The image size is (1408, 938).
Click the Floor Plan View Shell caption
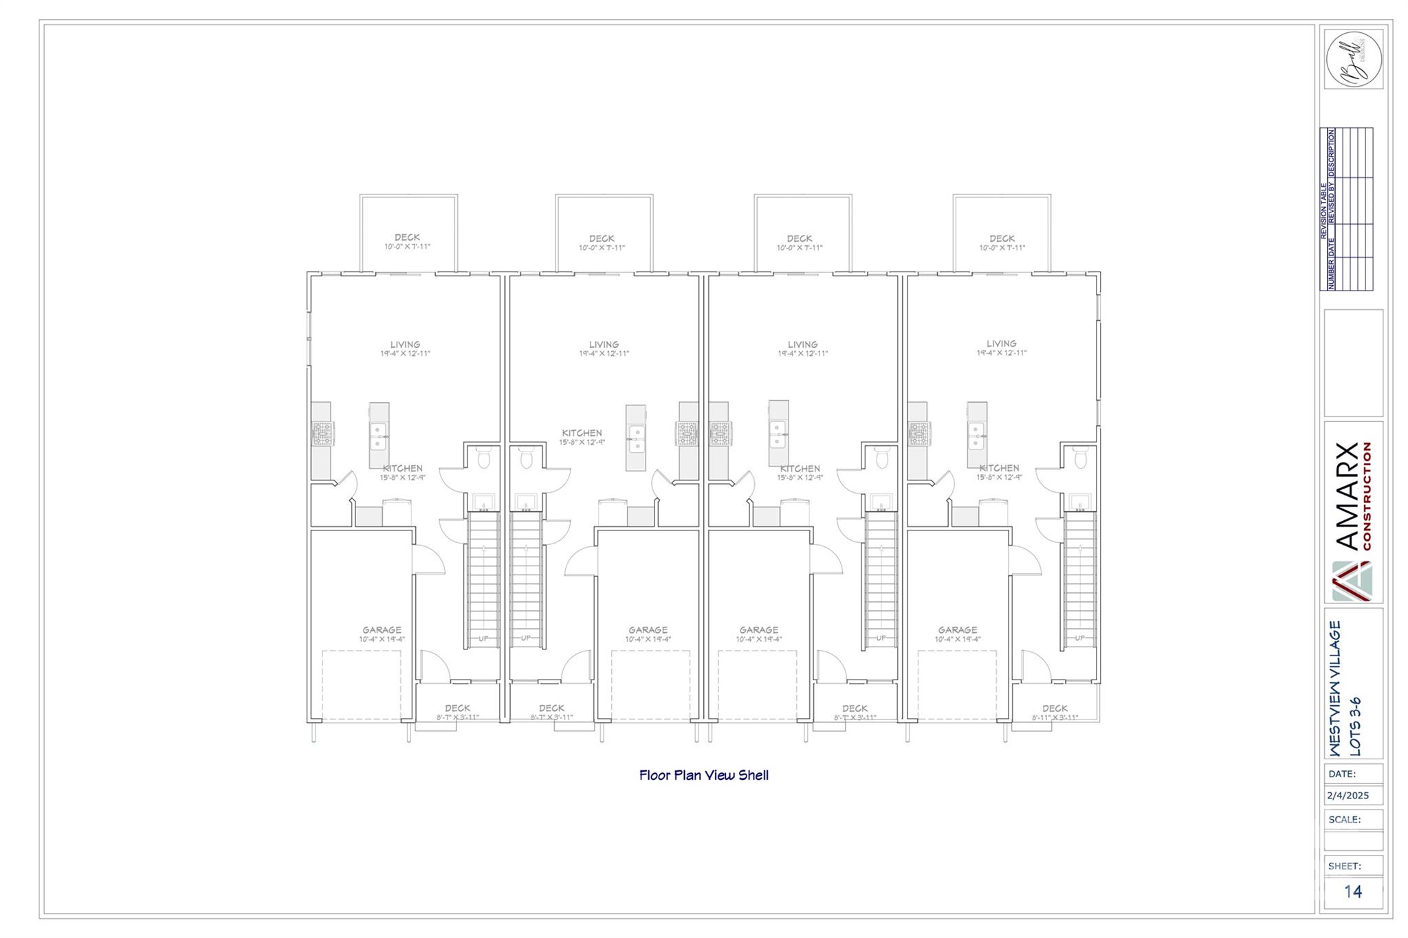703,775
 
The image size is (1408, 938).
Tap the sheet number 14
1352,891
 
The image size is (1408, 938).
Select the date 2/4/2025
1347,796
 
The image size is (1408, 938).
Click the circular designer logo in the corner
1353,59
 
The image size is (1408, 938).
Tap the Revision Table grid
1345,209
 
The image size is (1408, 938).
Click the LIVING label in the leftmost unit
405,345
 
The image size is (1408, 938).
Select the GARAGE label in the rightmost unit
957,629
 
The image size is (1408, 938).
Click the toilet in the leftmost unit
483,457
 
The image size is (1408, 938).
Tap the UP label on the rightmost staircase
1079,638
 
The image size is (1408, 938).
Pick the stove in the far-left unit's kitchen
322,433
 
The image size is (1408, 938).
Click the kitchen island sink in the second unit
636,438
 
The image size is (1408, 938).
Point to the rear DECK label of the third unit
800,238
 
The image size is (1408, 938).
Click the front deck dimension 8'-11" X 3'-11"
1055,717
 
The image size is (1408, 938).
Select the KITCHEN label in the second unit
582,433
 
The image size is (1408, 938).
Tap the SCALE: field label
1344,819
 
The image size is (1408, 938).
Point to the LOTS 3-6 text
1355,727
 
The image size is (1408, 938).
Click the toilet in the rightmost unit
1080,457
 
